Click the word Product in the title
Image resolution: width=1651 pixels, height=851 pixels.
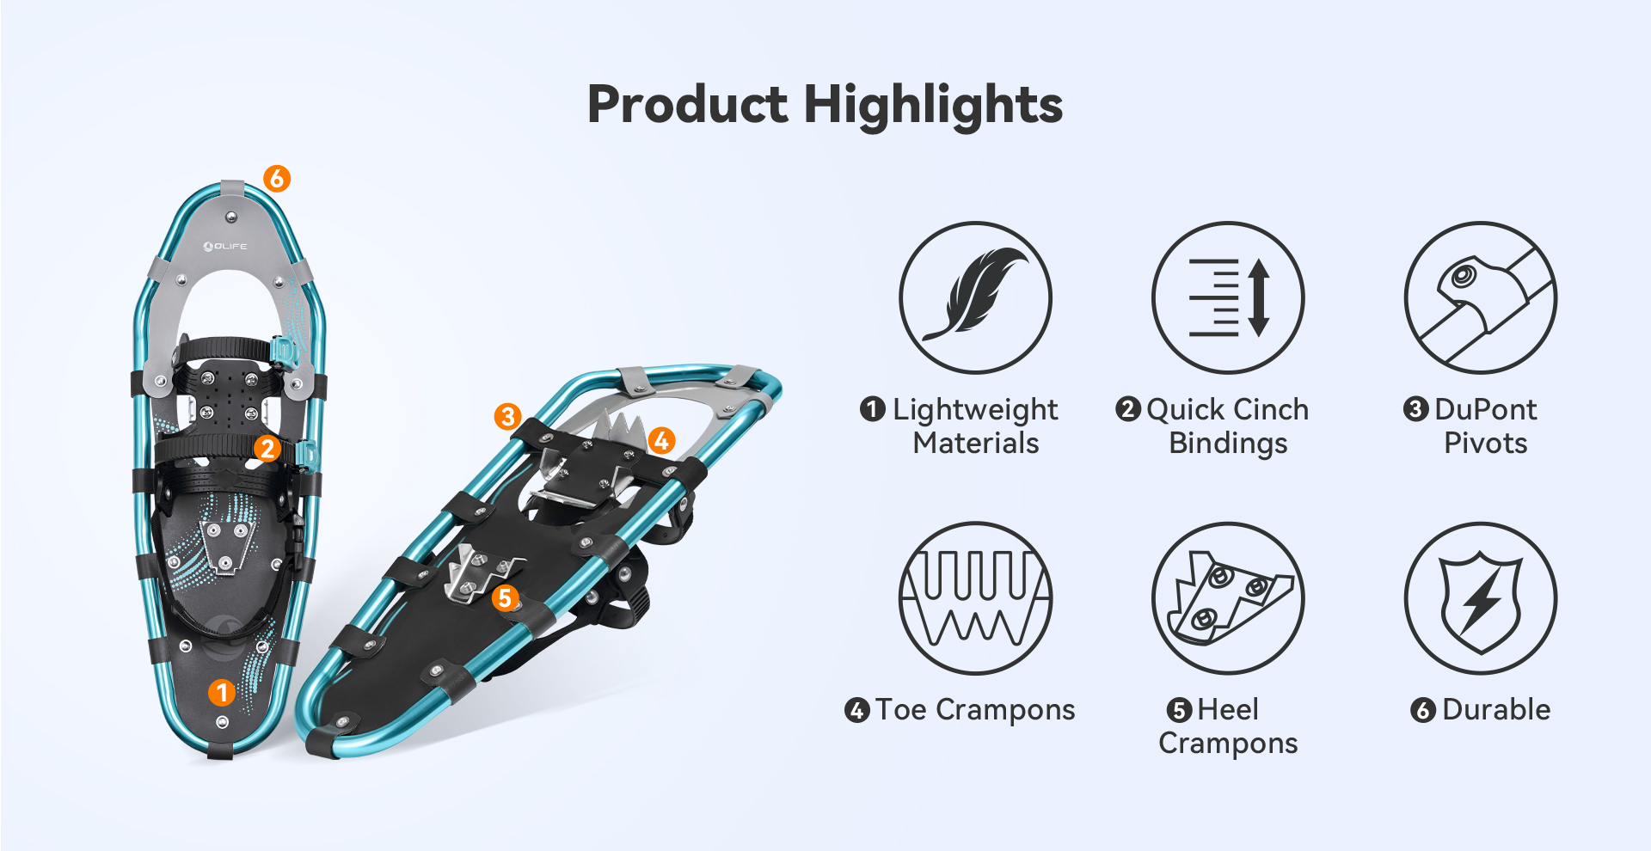pyautogui.click(x=687, y=104)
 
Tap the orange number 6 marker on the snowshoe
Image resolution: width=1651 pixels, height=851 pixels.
pyautogui.click(x=276, y=178)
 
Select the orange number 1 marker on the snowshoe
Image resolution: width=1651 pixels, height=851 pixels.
pyautogui.click(x=222, y=692)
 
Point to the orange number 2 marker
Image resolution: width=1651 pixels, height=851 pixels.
pyautogui.click(x=267, y=448)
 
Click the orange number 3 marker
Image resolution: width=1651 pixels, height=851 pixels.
pyautogui.click(x=508, y=417)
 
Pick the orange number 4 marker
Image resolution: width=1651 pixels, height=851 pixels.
pyautogui.click(x=661, y=441)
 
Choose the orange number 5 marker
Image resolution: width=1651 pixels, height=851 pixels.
pyautogui.click(x=506, y=597)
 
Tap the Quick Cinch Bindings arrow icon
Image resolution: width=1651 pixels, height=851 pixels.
pyautogui.click(x=1228, y=297)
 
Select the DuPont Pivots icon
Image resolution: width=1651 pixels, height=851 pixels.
pyautogui.click(x=1480, y=297)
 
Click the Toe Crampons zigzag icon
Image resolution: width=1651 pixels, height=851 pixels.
pyautogui.click(x=975, y=598)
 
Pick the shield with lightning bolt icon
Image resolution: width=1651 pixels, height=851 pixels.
pyautogui.click(x=1480, y=598)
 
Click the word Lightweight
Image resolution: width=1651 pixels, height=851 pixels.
pyautogui.click(x=975, y=410)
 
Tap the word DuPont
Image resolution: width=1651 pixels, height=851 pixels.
pyautogui.click(x=1485, y=409)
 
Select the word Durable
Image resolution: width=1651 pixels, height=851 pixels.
pyautogui.click(x=1496, y=709)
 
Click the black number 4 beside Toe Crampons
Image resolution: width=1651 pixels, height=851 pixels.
pyautogui.click(x=856, y=710)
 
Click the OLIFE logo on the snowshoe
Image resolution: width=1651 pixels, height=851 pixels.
pyautogui.click(x=225, y=247)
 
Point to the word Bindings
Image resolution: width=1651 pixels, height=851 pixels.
pyautogui.click(x=1228, y=444)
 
